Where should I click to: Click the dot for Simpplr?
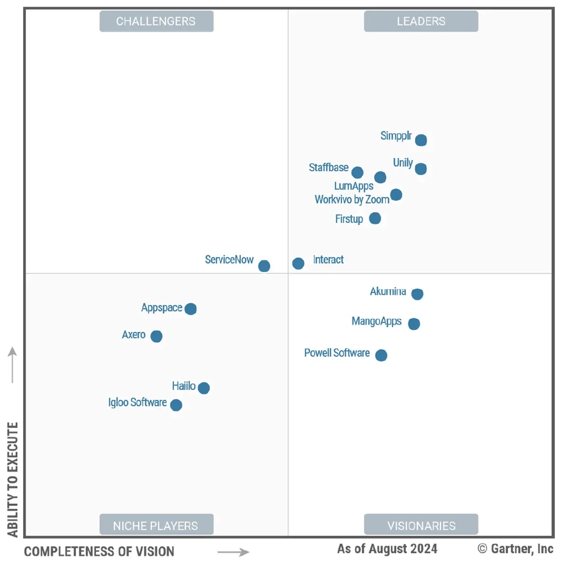click(x=421, y=140)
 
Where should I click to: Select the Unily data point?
click(x=421, y=168)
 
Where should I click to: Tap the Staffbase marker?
click(x=358, y=172)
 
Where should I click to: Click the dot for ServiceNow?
click(x=264, y=266)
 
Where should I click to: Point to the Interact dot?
click(x=298, y=263)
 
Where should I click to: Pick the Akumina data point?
click(x=417, y=294)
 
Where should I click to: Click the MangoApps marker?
click(x=414, y=324)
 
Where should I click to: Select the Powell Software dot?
click(x=381, y=355)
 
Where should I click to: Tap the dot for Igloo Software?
click(x=176, y=405)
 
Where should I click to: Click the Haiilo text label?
click(x=184, y=386)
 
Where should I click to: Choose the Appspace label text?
click(x=162, y=308)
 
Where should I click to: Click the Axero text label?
click(x=134, y=335)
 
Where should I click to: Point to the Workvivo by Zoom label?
click(x=352, y=200)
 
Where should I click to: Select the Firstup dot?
click(x=375, y=218)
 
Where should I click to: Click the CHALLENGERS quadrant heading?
click(x=156, y=21)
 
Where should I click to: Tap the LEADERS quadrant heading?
click(x=421, y=21)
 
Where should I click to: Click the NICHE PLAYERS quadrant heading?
click(x=156, y=525)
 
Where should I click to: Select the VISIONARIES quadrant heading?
click(x=421, y=525)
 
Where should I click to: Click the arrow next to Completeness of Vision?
click(x=233, y=552)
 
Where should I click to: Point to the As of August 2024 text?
click(x=387, y=549)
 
